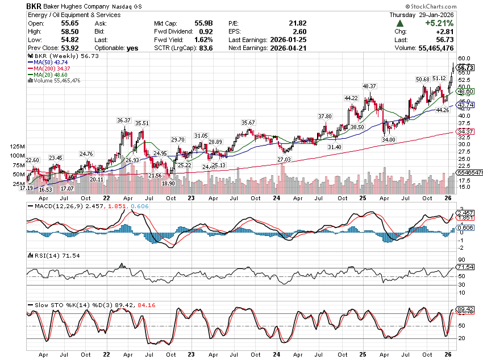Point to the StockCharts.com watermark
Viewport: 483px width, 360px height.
coord(452,5)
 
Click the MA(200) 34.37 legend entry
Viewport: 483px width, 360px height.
coord(56,68)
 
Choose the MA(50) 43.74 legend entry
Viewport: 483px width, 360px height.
coord(54,62)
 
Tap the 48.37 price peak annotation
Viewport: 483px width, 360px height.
coord(369,86)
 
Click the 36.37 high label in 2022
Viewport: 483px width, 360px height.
coord(124,120)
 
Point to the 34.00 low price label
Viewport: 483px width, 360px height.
coord(389,139)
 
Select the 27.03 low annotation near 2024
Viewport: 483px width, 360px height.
coord(284,160)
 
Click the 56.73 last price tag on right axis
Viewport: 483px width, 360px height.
coord(465,67)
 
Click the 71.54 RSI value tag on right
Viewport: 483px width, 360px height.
coord(465,267)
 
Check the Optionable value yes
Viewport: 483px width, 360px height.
coord(133,48)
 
